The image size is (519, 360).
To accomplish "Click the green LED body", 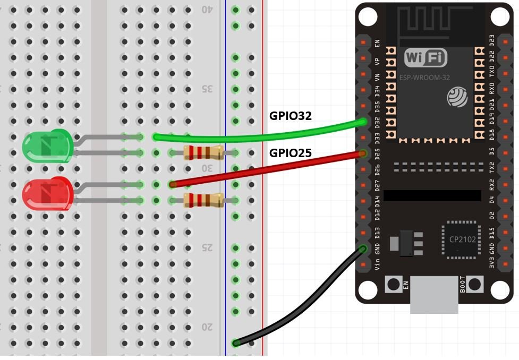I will point(47,147).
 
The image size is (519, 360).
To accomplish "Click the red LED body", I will point(47,194).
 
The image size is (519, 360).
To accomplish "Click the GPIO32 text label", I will point(291,116).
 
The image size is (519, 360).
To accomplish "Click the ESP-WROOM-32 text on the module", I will point(424,78).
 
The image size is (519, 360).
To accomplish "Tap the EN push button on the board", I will point(393,285).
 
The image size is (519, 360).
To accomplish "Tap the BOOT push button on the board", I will point(476,285).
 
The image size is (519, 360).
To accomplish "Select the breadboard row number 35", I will point(207,89).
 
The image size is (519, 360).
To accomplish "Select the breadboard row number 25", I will point(207,248).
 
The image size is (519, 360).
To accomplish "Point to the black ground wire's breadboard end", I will point(236,343).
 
